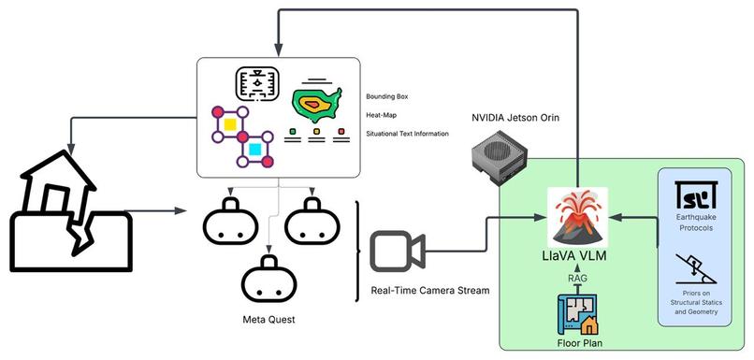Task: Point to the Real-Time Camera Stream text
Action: [430, 290]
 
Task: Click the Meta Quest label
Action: [269, 321]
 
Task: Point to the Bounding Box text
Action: [387, 96]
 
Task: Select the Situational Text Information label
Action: [408, 134]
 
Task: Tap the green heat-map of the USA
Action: [319, 103]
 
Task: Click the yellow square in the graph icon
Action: [228, 123]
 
